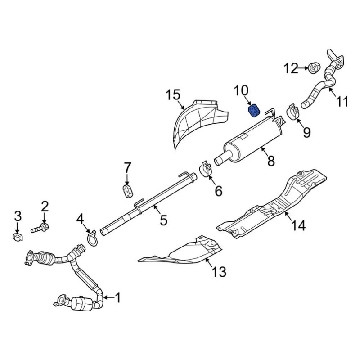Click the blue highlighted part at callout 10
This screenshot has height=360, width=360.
253,110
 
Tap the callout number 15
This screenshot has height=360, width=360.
173,95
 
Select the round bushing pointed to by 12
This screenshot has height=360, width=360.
314,68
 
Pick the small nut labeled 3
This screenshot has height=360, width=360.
18,237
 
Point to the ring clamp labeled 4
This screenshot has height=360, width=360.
92,238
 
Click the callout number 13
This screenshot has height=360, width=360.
219,272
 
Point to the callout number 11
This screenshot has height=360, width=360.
342,101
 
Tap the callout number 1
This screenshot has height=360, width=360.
117,297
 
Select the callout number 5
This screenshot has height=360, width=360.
163,220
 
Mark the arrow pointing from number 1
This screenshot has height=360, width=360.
108,297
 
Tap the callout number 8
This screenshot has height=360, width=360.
271,161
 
